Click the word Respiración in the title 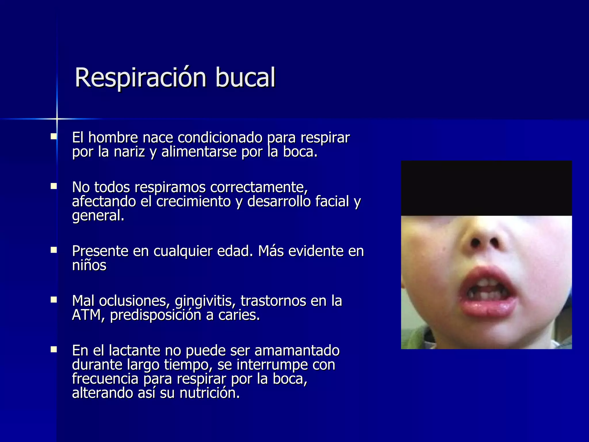140,78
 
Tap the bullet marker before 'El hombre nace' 53,136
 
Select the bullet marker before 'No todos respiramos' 53,186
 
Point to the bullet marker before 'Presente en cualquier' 53,250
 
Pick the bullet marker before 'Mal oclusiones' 53,300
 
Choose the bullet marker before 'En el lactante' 53,349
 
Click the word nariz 129,152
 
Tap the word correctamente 259,187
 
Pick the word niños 89,265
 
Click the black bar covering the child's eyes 486,188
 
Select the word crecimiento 194,201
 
